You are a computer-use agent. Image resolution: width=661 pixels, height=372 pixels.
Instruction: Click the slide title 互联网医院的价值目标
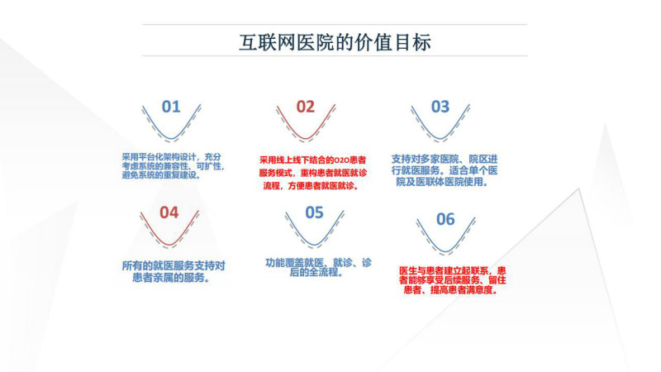[x=335, y=42]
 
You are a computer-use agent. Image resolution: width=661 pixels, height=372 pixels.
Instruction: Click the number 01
[x=171, y=107]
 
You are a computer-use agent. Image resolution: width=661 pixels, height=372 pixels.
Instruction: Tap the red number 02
[x=306, y=107]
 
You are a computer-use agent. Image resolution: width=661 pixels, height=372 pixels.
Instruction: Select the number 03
[x=440, y=107]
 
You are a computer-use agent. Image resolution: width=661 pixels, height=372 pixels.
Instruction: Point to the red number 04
[x=169, y=212]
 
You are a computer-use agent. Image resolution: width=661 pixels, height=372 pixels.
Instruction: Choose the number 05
[x=315, y=212]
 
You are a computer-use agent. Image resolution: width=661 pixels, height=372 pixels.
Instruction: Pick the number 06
[x=445, y=219]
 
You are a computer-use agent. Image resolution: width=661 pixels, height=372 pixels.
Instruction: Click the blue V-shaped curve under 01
[x=171, y=139]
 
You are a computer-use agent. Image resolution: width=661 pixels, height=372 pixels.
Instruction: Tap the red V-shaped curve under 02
[x=306, y=139]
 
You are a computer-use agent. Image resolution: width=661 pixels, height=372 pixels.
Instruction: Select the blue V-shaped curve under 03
[x=440, y=139]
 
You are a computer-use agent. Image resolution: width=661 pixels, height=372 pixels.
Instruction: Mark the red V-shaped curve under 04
[x=169, y=245]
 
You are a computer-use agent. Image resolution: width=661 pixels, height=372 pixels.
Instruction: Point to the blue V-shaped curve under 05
[x=315, y=245]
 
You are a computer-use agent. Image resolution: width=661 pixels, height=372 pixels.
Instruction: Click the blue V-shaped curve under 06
[x=445, y=251]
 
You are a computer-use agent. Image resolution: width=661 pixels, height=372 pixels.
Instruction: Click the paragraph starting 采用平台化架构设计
[x=173, y=166]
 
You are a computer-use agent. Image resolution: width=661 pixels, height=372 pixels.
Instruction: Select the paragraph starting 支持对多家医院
[x=445, y=170]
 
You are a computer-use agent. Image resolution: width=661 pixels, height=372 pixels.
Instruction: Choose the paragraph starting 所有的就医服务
[x=174, y=272]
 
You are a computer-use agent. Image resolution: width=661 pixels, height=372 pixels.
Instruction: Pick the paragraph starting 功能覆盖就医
[x=318, y=267]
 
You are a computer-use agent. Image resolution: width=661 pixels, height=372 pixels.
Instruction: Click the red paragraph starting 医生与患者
[x=452, y=280]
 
